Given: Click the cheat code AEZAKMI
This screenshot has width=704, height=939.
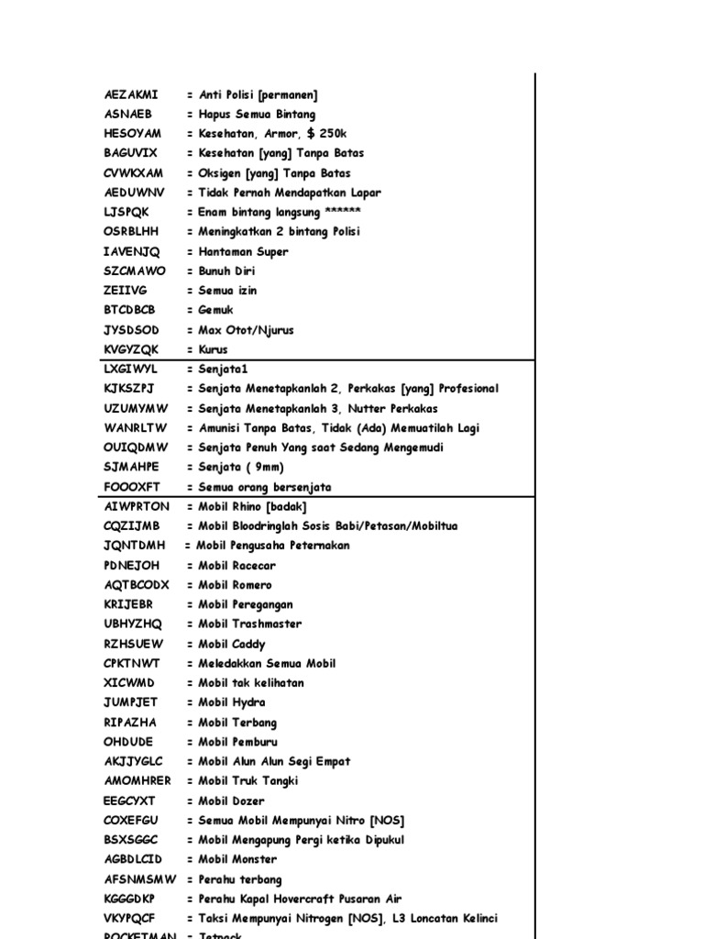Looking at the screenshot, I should coord(131,94).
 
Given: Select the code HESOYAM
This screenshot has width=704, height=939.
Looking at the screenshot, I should coord(133,134).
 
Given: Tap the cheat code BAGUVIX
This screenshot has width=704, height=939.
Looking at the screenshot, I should coord(131,153).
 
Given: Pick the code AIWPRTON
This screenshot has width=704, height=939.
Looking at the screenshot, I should coord(137,506).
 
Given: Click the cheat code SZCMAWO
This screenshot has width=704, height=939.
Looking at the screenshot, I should coord(135,271).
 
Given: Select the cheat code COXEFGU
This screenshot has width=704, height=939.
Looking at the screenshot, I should coord(131,820).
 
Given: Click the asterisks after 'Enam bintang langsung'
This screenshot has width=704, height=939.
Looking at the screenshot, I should coord(330,212).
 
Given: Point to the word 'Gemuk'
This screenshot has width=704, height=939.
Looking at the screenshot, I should coord(216,310).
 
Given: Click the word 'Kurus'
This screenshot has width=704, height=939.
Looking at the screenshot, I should coord(214,349).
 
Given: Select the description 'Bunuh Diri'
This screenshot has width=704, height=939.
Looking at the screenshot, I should coord(227,271).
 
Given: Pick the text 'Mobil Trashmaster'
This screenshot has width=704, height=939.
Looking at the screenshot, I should coord(250,624).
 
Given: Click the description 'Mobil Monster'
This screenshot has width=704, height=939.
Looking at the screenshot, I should coord(237,859).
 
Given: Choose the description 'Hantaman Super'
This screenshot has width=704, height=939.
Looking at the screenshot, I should coord(244,251).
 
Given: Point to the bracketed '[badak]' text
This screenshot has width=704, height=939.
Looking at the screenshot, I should coord(285,506).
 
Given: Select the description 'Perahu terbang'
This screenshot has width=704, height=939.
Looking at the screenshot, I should coord(240,879).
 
